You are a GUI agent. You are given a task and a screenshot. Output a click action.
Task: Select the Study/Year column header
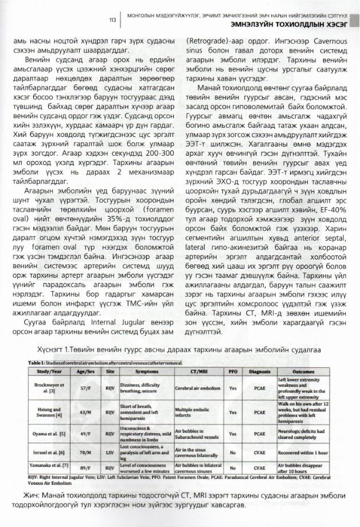[x=49, y=371]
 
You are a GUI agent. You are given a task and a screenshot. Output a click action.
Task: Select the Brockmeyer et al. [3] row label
[x=49, y=388]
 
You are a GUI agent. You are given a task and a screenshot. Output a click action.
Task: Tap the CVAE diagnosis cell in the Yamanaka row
[x=259, y=467]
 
